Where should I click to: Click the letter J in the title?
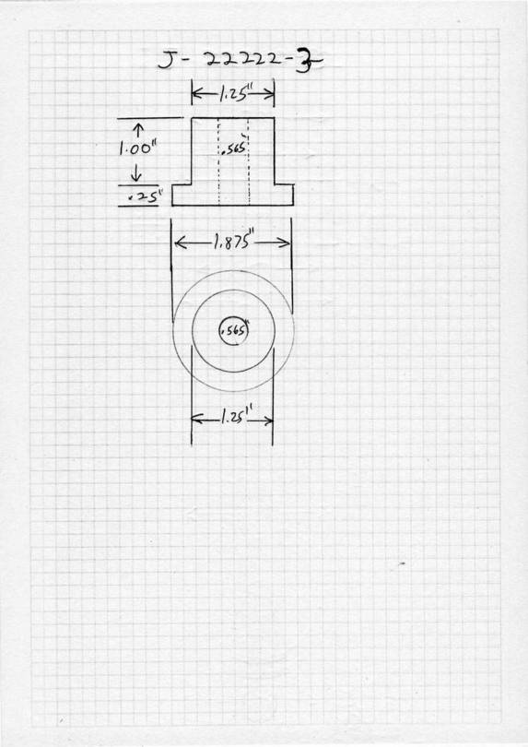[x=167, y=61]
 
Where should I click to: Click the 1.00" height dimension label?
[x=138, y=149]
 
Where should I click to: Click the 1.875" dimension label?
[x=232, y=243]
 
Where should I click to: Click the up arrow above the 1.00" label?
[x=138, y=130]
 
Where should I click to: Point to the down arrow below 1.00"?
[x=135, y=172]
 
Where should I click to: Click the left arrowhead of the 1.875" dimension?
[x=180, y=243]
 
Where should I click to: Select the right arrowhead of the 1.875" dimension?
[x=285, y=243]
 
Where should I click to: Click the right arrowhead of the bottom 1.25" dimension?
[x=268, y=421]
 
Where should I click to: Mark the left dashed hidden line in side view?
[x=218, y=161]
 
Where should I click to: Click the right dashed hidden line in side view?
[x=249, y=161]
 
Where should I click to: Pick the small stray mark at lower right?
[x=402, y=563]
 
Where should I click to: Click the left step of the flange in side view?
[x=182, y=184]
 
